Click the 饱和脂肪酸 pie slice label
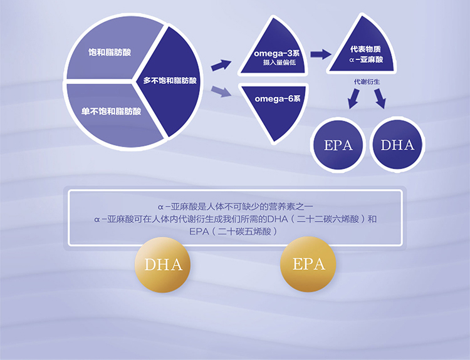[110, 53]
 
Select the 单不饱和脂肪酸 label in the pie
[111, 111]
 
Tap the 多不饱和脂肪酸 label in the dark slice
[170, 81]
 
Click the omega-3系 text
[276, 53]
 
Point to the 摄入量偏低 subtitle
[279, 63]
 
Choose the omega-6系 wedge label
[278, 98]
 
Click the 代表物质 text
[366, 49]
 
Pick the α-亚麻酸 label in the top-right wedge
[366, 59]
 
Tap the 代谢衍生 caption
[367, 82]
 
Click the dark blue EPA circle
[338, 145]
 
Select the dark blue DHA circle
[397, 145]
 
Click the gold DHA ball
[163, 265]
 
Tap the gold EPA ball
[308, 264]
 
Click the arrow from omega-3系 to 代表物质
[321, 54]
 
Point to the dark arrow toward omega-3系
[221, 65]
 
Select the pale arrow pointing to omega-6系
[221, 91]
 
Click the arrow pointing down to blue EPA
[353, 98]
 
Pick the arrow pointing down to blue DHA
[380, 98]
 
